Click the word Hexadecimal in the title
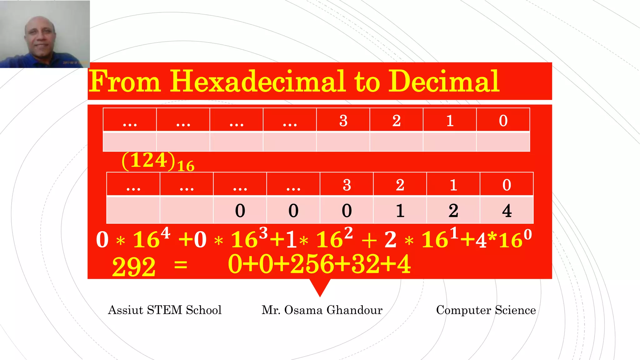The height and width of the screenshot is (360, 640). coord(258,81)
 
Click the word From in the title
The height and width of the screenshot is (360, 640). coord(125,81)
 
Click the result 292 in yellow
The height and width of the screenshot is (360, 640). coord(134,267)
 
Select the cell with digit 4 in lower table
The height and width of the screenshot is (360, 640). coord(507,210)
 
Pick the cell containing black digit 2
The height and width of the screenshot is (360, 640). coord(453,210)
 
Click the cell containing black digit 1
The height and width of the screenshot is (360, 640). coord(400,210)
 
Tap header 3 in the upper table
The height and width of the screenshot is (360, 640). coord(343,121)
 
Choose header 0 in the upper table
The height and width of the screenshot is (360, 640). coord(503,121)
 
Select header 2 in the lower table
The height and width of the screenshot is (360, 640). coord(400,185)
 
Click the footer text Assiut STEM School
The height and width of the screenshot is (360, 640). coord(165,310)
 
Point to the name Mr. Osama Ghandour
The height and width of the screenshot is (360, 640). coord(322,310)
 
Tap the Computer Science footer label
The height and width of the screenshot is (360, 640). coord(486,310)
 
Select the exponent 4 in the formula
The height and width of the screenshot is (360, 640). coord(165,233)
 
